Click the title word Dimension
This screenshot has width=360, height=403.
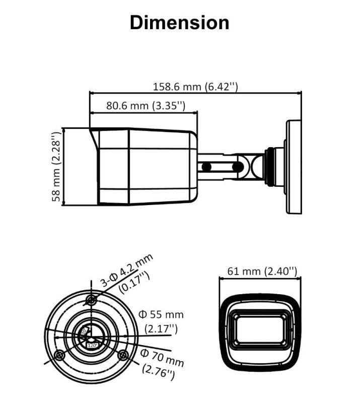[179, 23]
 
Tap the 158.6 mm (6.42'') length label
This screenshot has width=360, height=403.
[195, 86]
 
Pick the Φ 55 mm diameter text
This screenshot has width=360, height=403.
[161, 315]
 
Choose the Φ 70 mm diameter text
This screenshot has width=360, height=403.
[162, 356]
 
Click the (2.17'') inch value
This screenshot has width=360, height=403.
[161, 329]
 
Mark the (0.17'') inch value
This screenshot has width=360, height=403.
[134, 283]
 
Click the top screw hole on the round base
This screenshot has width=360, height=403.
[91, 301]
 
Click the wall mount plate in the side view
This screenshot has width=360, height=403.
[294, 167]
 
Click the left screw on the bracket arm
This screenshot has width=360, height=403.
[206, 166]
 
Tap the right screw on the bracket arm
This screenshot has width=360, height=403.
[236, 166]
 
